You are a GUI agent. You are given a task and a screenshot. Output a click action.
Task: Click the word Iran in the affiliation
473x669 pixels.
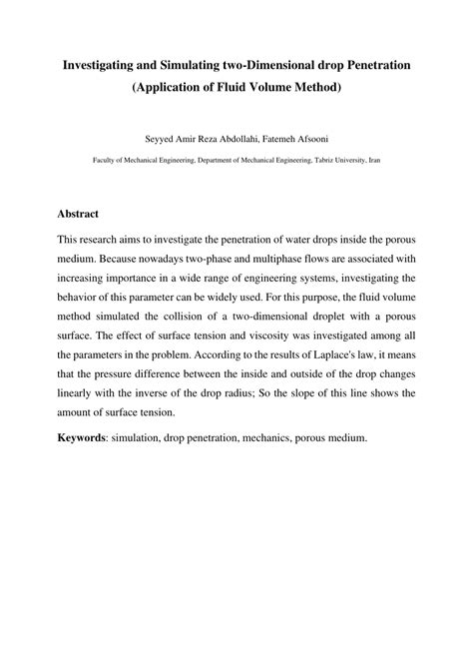click(x=374, y=159)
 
